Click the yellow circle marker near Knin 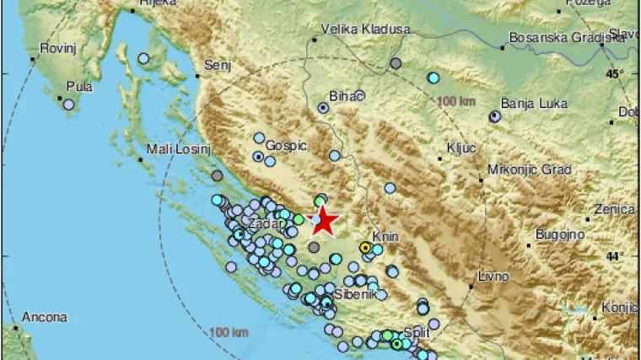[365, 248]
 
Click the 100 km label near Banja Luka [456, 101]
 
